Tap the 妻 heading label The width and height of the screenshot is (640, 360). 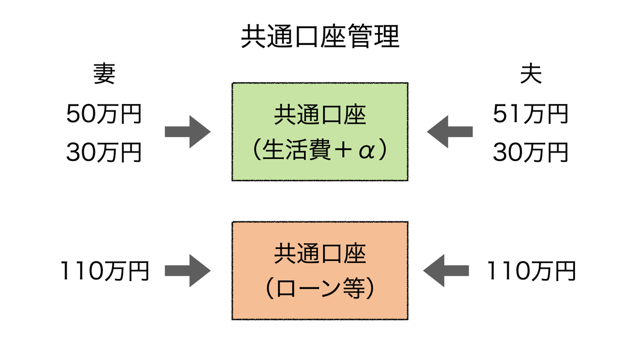(104, 75)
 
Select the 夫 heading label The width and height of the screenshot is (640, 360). (531, 75)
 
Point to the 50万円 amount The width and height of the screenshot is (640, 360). (104, 114)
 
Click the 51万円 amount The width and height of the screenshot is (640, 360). (531, 114)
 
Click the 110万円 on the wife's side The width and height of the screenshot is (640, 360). (104, 271)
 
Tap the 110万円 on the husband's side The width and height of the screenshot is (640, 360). (531, 271)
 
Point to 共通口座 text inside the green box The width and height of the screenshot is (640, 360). (320, 115)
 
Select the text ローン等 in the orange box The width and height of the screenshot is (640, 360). (320, 289)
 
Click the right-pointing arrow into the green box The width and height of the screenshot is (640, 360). (187, 131)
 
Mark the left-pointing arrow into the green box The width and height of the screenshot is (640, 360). (450, 131)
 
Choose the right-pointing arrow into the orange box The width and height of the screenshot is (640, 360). (187, 271)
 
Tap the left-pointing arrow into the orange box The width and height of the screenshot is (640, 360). (446, 271)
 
